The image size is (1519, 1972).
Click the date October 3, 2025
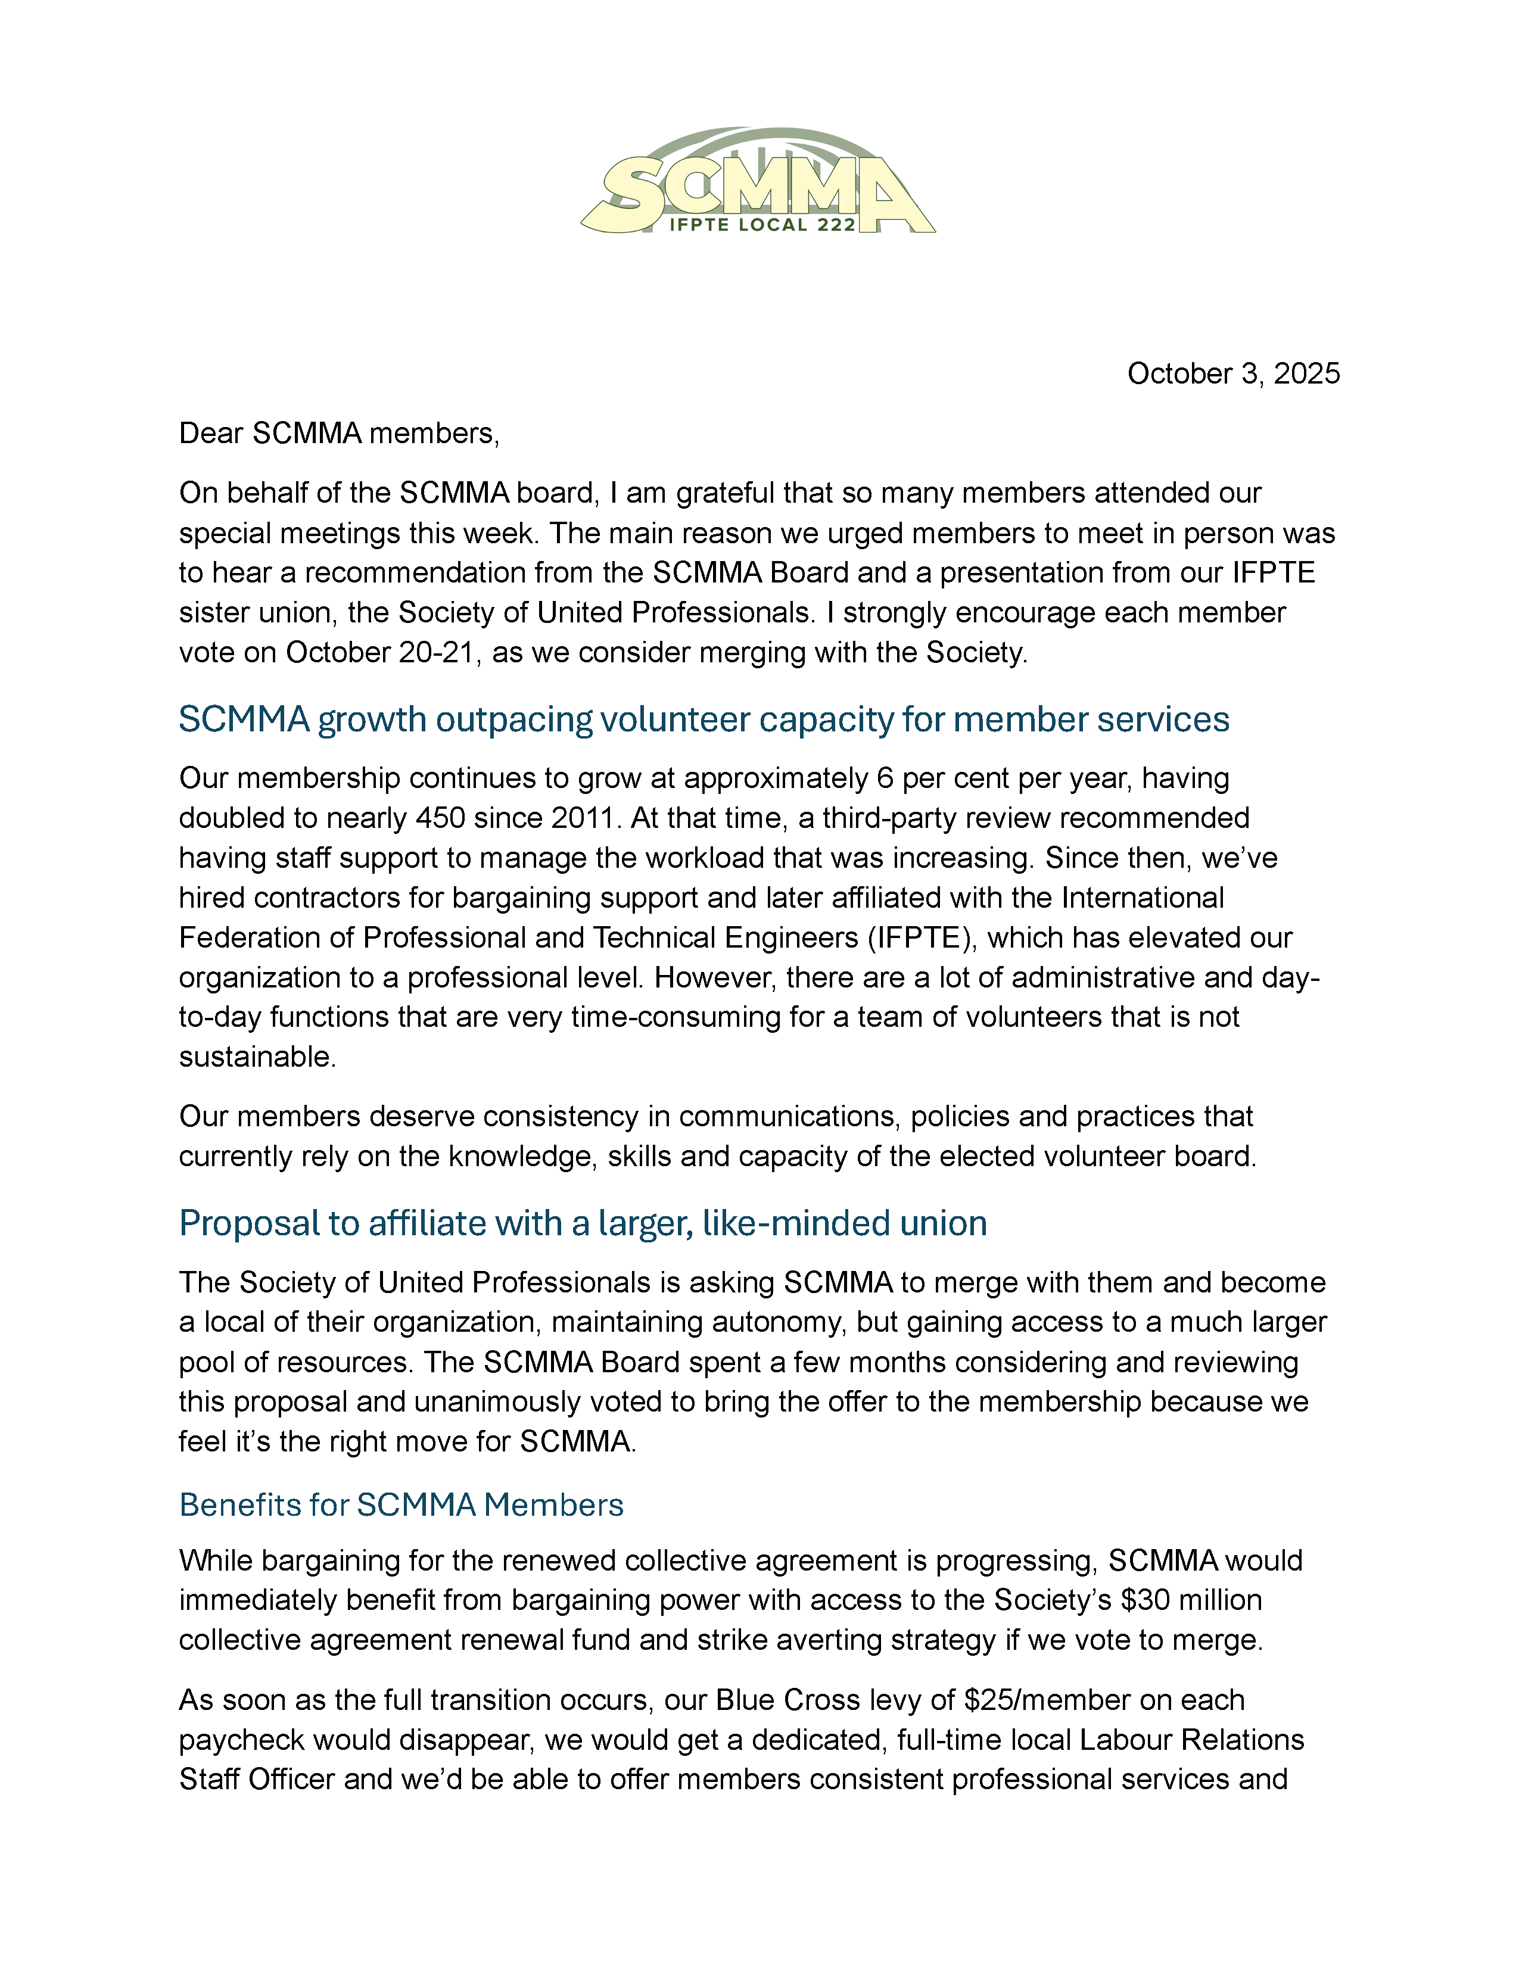[1232, 374]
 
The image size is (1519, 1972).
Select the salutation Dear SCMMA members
[339, 434]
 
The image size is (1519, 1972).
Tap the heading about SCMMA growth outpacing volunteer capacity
[704, 719]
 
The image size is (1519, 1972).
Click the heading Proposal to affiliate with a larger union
[583, 1223]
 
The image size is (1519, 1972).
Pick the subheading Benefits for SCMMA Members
[401, 1505]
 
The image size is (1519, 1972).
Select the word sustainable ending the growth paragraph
[257, 1057]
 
